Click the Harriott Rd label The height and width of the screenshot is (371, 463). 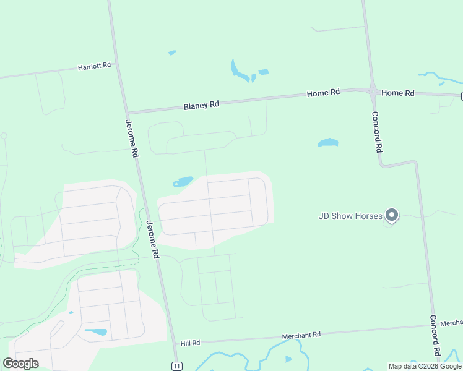(94, 66)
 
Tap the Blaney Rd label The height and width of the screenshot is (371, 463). (201, 106)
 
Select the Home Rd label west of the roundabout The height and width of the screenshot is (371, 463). (323, 93)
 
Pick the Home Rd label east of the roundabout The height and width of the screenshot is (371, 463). (397, 93)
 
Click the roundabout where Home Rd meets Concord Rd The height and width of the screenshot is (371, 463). (373, 90)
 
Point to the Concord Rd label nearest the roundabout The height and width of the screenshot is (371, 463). (376, 132)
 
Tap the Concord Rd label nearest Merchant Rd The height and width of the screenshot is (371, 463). (435, 335)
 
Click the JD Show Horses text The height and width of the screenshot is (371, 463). (350, 216)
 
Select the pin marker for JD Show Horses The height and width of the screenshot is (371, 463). (391, 215)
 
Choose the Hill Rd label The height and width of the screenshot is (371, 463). (190, 343)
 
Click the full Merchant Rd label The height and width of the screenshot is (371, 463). (301, 335)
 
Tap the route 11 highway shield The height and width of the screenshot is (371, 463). (177, 366)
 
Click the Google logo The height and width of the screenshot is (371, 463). (20, 364)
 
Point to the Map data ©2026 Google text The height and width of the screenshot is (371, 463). (425, 366)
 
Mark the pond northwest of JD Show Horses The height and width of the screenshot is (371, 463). (327, 143)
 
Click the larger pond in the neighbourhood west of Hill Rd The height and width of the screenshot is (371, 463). (95, 332)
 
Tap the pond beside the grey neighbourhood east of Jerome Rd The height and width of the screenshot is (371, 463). (183, 182)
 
